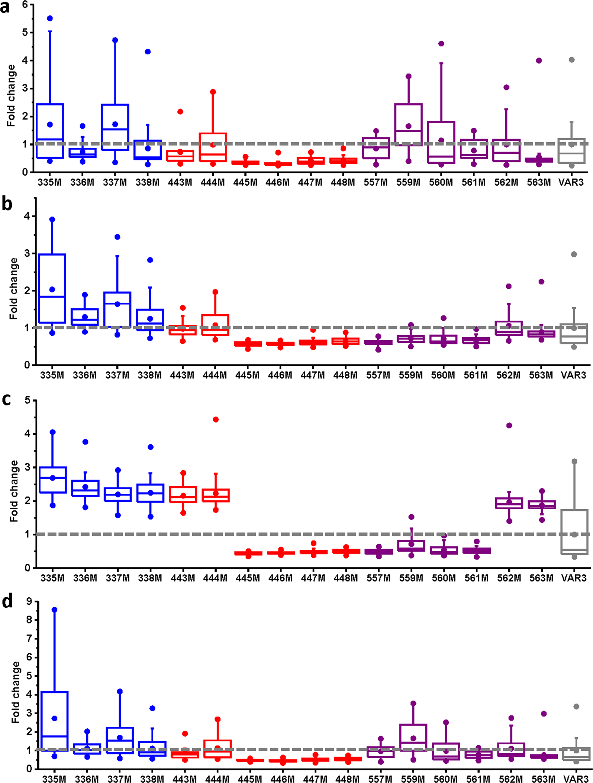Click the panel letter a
point(5,7)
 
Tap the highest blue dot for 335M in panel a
point(50,19)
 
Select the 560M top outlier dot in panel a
point(441,44)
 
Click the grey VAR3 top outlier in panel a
point(572,60)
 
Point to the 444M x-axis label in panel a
point(213,182)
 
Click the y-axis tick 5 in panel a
point(25,33)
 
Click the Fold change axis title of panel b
point(14,289)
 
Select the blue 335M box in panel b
point(52,288)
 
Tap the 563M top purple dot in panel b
point(541,282)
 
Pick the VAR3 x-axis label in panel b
point(573,375)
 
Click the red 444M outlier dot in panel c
point(216,420)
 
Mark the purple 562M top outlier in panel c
point(509,426)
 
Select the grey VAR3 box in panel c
point(574,532)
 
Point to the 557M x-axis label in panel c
point(378,578)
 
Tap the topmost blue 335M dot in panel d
point(54,610)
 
